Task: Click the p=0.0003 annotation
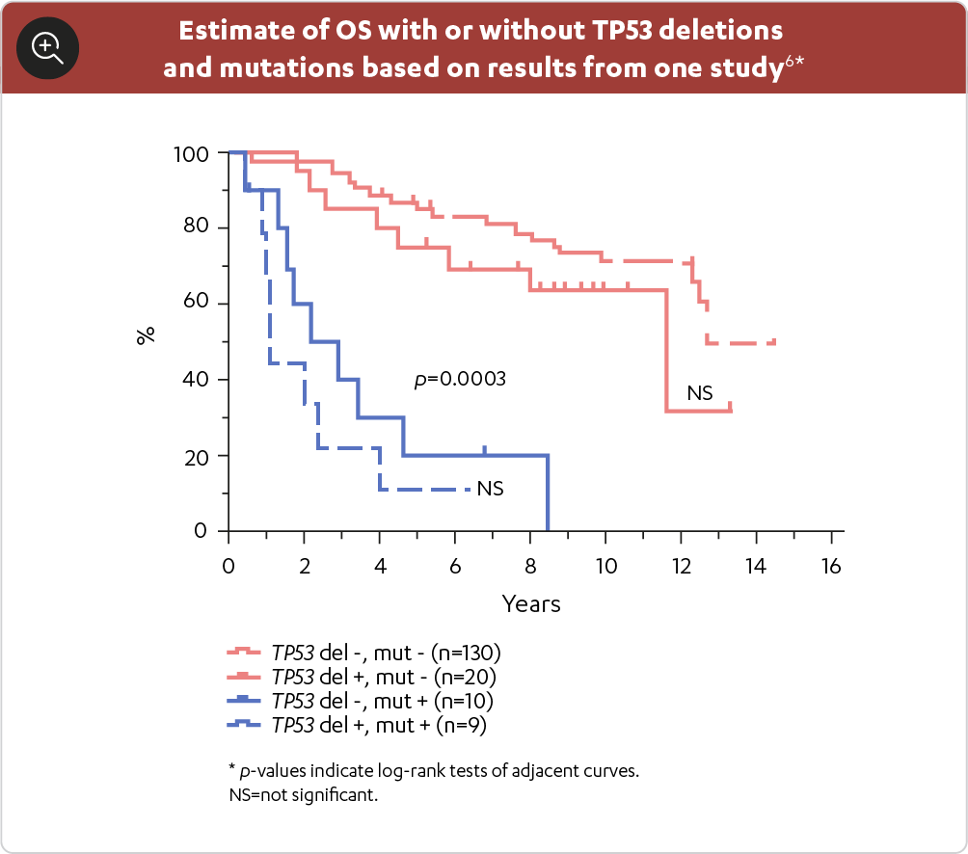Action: (x=460, y=380)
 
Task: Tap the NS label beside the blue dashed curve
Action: (x=490, y=489)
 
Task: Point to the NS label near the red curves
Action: (x=699, y=392)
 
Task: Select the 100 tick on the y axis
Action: (x=191, y=153)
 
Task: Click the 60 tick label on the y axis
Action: (x=196, y=304)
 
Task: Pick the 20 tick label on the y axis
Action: (x=196, y=455)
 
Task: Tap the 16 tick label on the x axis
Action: (x=831, y=566)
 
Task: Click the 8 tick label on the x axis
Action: (x=530, y=566)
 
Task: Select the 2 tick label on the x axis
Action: (x=304, y=566)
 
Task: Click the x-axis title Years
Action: (x=530, y=604)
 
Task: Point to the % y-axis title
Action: (x=146, y=336)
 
